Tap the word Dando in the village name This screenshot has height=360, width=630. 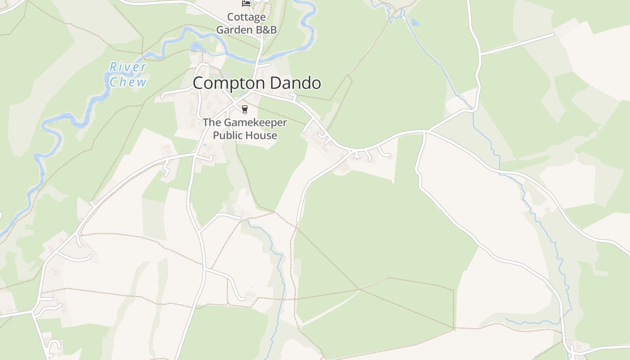[x=295, y=83]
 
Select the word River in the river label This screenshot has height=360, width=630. [x=128, y=67]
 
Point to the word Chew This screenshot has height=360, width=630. [x=128, y=82]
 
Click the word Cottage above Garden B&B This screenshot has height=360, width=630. [x=246, y=17]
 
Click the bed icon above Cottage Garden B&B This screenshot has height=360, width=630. [x=246, y=4]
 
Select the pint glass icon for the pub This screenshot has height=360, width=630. [x=245, y=109]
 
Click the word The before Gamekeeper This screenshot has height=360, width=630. [x=211, y=122]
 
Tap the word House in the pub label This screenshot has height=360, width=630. [x=262, y=135]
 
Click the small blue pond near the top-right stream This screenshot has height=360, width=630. [x=414, y=22]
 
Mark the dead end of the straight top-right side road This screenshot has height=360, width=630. [x=553, y=34]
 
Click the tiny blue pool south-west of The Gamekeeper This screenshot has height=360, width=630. [x=205, y=145]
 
